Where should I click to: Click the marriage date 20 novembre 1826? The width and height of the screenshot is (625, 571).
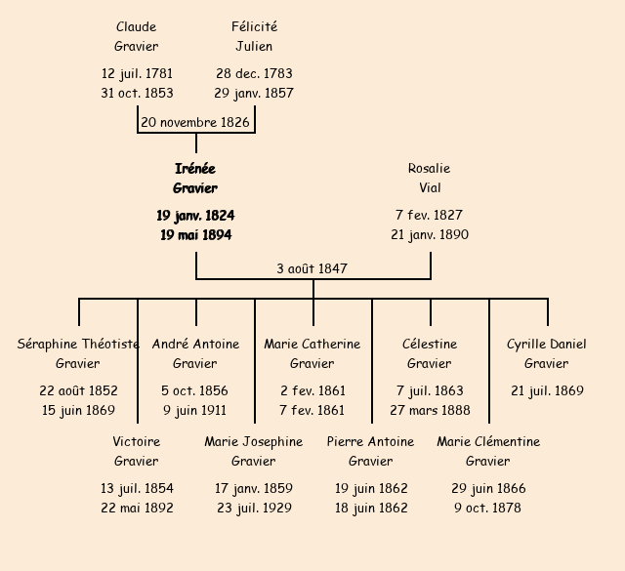point(195,123)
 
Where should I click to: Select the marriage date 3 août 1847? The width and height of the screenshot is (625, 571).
point(312,268)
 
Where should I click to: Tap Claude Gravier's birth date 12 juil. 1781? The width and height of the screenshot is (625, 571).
point(137,73)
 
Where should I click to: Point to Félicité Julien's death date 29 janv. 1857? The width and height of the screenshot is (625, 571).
point(254,94)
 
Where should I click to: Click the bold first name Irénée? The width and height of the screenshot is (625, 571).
point(195,169)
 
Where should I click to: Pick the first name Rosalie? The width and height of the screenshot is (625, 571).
point(429,169)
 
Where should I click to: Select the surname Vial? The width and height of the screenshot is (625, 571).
point(430,188)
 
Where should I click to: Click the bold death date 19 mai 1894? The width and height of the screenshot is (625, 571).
point(195,235)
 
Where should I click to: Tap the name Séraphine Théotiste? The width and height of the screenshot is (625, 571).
point(78,344)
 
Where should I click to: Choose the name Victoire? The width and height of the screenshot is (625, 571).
point(137,442)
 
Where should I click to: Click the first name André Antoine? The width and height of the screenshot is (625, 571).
point(195,344)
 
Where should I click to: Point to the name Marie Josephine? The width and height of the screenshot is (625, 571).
point(254,442)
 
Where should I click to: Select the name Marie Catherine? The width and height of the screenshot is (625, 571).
point(312,344)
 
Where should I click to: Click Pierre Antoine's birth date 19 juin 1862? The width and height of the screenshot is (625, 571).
point(371,488)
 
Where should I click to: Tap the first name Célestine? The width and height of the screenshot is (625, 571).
point(430,344)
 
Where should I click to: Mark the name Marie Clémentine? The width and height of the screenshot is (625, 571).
point(488,442)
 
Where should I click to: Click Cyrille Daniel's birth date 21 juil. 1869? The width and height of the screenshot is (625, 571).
point(547,390)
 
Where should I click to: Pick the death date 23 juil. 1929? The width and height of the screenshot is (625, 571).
point(254,508)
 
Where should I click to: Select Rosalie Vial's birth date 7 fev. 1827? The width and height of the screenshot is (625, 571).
point(430,215)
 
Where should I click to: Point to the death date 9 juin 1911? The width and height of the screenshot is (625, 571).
point(195,410)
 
